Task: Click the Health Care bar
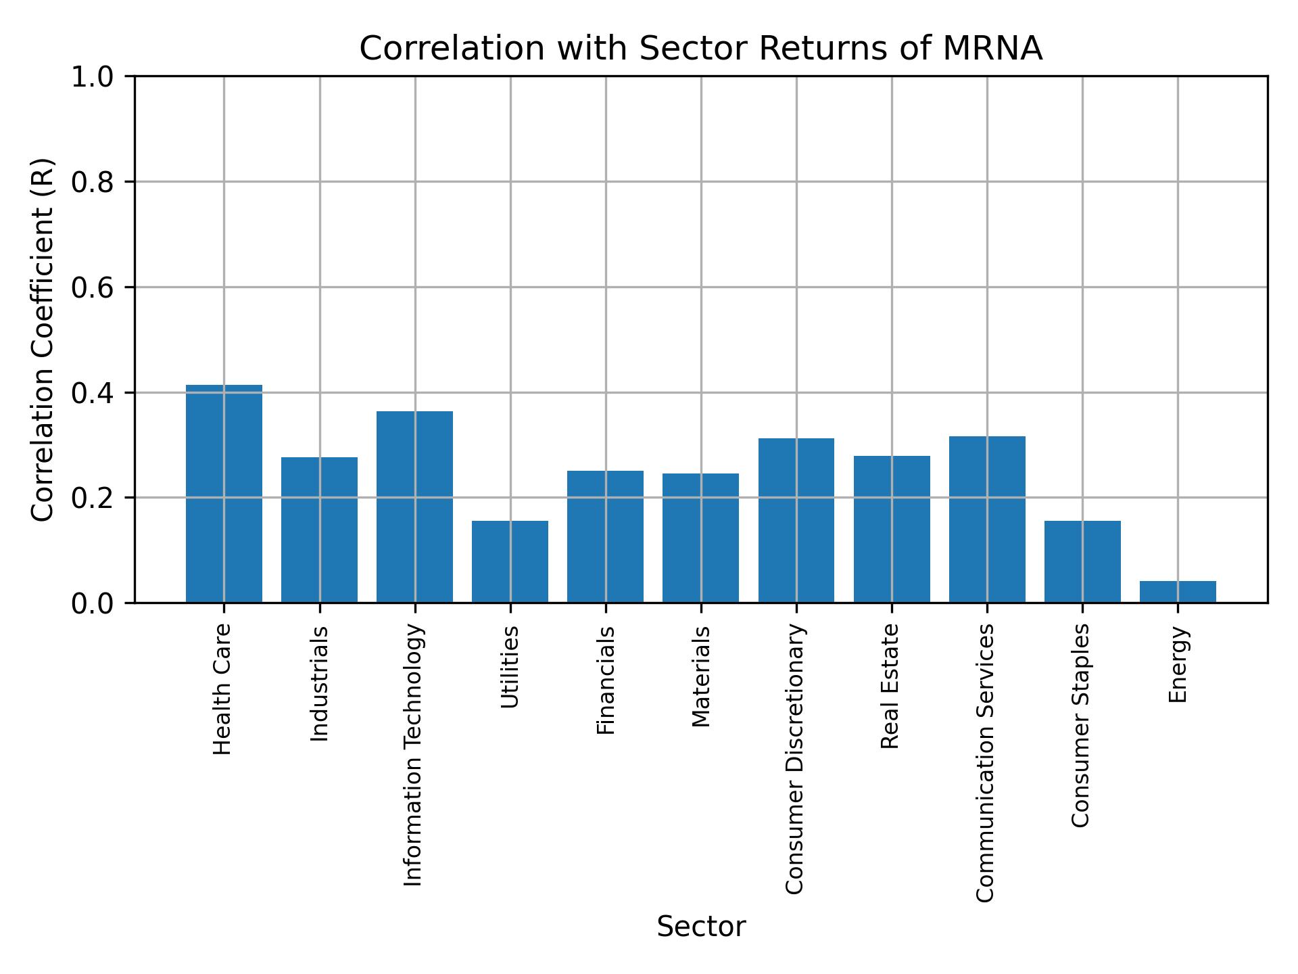click(x=224, y=494)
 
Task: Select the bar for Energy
click(x=1178, y=592)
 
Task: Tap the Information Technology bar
click(x=414, y=507)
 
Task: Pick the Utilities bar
click(x=510, y=561)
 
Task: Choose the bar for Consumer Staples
click(x=1082, y=561)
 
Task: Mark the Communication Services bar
click(x=987, y=519)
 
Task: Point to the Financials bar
click(x=605, y=536)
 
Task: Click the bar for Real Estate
click(x=892, y=529)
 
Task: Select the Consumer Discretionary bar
click(x=796, y=520)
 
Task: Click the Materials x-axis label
click(x=702, y=676)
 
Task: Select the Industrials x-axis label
click(x=319, y=684)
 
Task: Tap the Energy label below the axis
click(x=1178, y=664)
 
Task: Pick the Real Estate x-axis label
click(x=890, y=686)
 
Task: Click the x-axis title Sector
click(x=701, y=927)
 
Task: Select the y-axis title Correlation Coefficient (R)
click(x=42, y=340)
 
